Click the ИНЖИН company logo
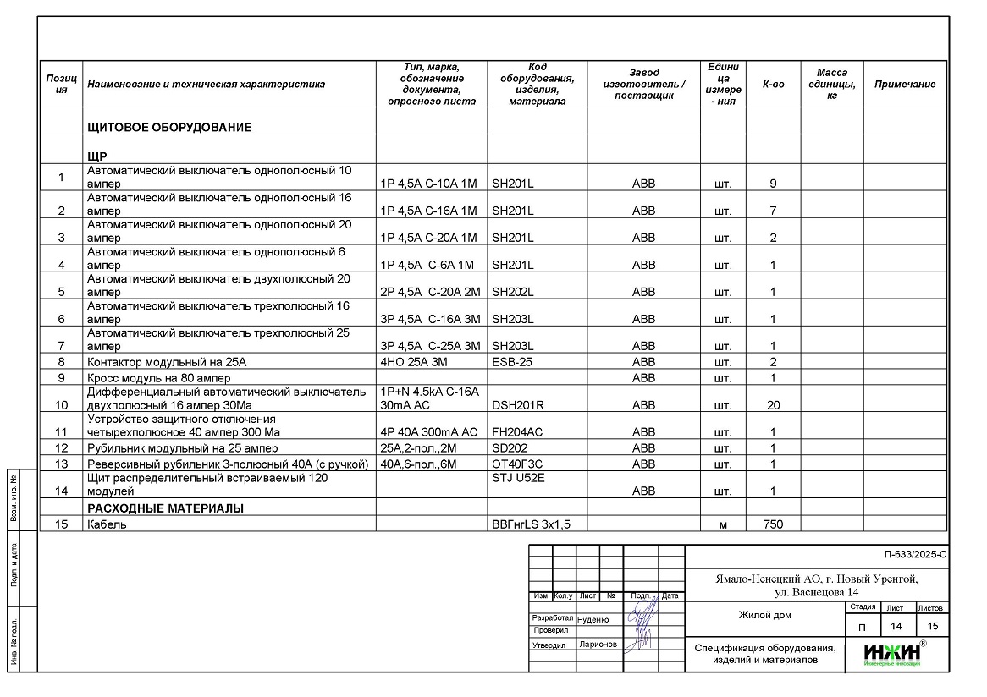pos(893,653)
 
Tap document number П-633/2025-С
pos(914,556)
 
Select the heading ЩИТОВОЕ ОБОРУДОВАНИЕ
pos(170,128)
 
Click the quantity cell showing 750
pos(773,524)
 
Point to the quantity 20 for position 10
pos(773,405)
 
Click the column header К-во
pos(773,85)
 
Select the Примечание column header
pos(905,85)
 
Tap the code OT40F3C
pos(517,464)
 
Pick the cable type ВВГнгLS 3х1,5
pos(532,524)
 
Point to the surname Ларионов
pos(598,645)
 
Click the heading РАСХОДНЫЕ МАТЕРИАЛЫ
pos(166,508)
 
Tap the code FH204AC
pos(516,432)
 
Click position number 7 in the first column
pos(61,346)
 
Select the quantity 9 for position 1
pos(773,184)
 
